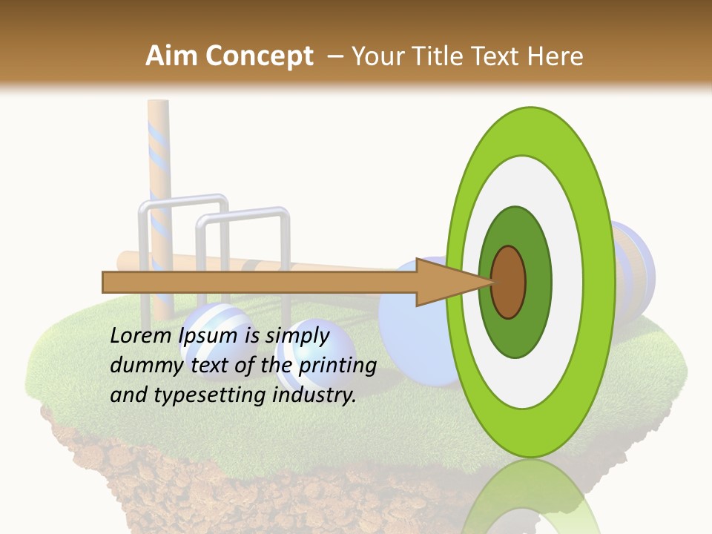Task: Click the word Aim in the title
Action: pyautogui.click(x=171, y=56)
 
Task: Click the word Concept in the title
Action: pyautogui.click(x=259, y=56)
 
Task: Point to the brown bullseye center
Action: pyautogui.click(x=509, y=282)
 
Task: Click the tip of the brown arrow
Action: pyautogui.click(x=489, y=282)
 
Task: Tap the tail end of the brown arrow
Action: pyautogui.click(x=106, y=282)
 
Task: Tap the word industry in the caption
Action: pyautogui.click(x=314, y=395)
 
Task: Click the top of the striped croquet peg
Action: pyautogui.click(x=158, y=104)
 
